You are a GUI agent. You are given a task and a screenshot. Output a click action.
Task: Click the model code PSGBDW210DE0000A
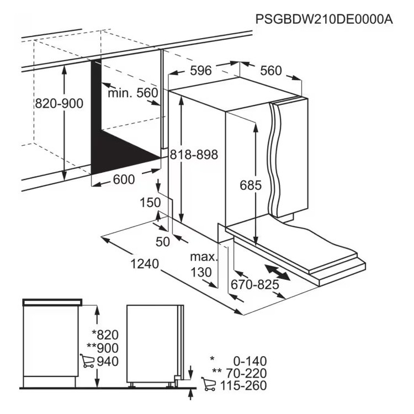pyautogui.click(x=324, y=19)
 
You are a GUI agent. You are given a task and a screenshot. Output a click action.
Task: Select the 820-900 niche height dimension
pyautogui.click(x=59, y=103)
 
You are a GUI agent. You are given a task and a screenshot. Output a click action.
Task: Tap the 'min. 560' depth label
pyautogui.click(x=133, y=93)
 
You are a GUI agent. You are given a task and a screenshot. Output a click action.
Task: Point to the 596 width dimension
pyautogui.click(x=201, y=71)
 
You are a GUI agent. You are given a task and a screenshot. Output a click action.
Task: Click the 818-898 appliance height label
pyautogui.click(x=194, y=155)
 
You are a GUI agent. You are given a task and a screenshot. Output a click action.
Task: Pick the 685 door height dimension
pyautogui.click(x=251, y=185)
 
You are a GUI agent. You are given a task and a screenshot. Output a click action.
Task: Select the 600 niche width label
pyautogui.click(x=124, y=179)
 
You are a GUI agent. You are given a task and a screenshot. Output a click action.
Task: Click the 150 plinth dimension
pyautogui.click(x=150, y=203)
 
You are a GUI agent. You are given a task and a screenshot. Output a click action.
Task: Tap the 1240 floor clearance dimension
pyautogui.click(x=145, y=264)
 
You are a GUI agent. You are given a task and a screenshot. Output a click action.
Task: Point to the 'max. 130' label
pyautogui.click(x=204, y=264)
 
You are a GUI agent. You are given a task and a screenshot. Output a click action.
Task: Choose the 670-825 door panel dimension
pyautogui.click(x=255, y=284)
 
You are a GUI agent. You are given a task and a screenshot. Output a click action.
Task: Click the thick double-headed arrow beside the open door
pyautogui.click(x=278, y=273)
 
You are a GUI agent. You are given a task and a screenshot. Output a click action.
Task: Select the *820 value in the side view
pyautogui.click(x=105, y=335)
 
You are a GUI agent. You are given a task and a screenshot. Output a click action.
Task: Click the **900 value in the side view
pyautogui.click(x=103, y=348)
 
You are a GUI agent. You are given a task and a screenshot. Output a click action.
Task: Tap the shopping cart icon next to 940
pyautogui.click(x=87, y=360)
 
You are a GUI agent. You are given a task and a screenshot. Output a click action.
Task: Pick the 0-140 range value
pyautogui.click(x=250, y=361)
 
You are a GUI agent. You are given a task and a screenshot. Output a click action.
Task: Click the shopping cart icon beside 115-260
pyautogui.click(x=208, y=384)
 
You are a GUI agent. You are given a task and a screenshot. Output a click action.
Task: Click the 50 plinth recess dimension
pyautogui.click(x=163, y=241)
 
